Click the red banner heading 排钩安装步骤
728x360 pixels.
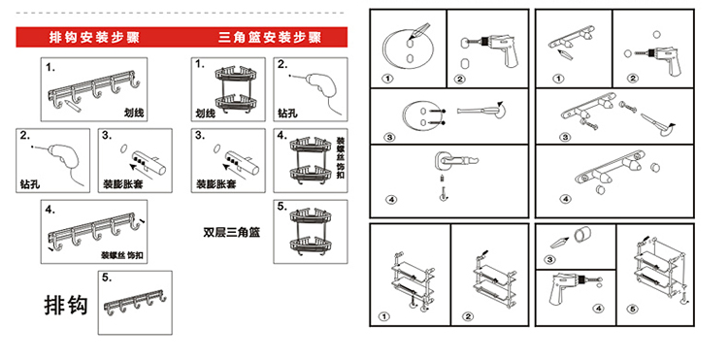94,37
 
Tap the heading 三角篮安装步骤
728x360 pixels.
270,37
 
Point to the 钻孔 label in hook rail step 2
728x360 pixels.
30,183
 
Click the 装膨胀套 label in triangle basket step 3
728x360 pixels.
215,183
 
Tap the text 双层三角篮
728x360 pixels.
231,233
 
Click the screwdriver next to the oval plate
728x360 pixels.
480,111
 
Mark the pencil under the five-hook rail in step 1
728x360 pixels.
74,104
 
